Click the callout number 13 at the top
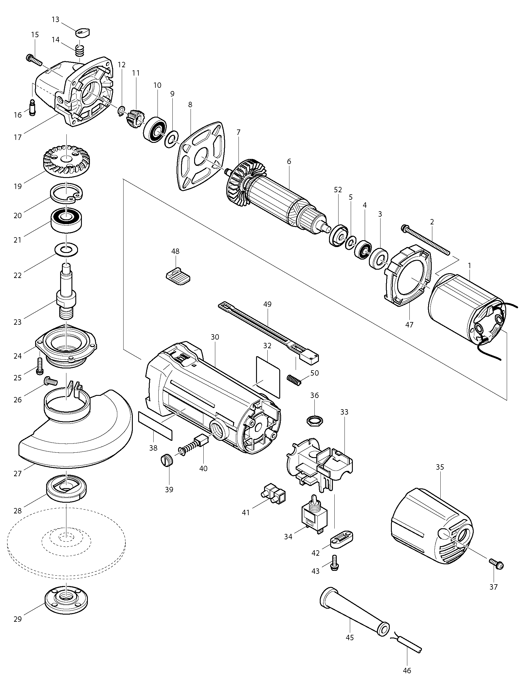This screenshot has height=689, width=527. (x=55, y=19)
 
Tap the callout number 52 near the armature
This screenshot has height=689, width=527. (x=338, y=190)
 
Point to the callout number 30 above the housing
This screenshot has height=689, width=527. (x=215, y=337)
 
